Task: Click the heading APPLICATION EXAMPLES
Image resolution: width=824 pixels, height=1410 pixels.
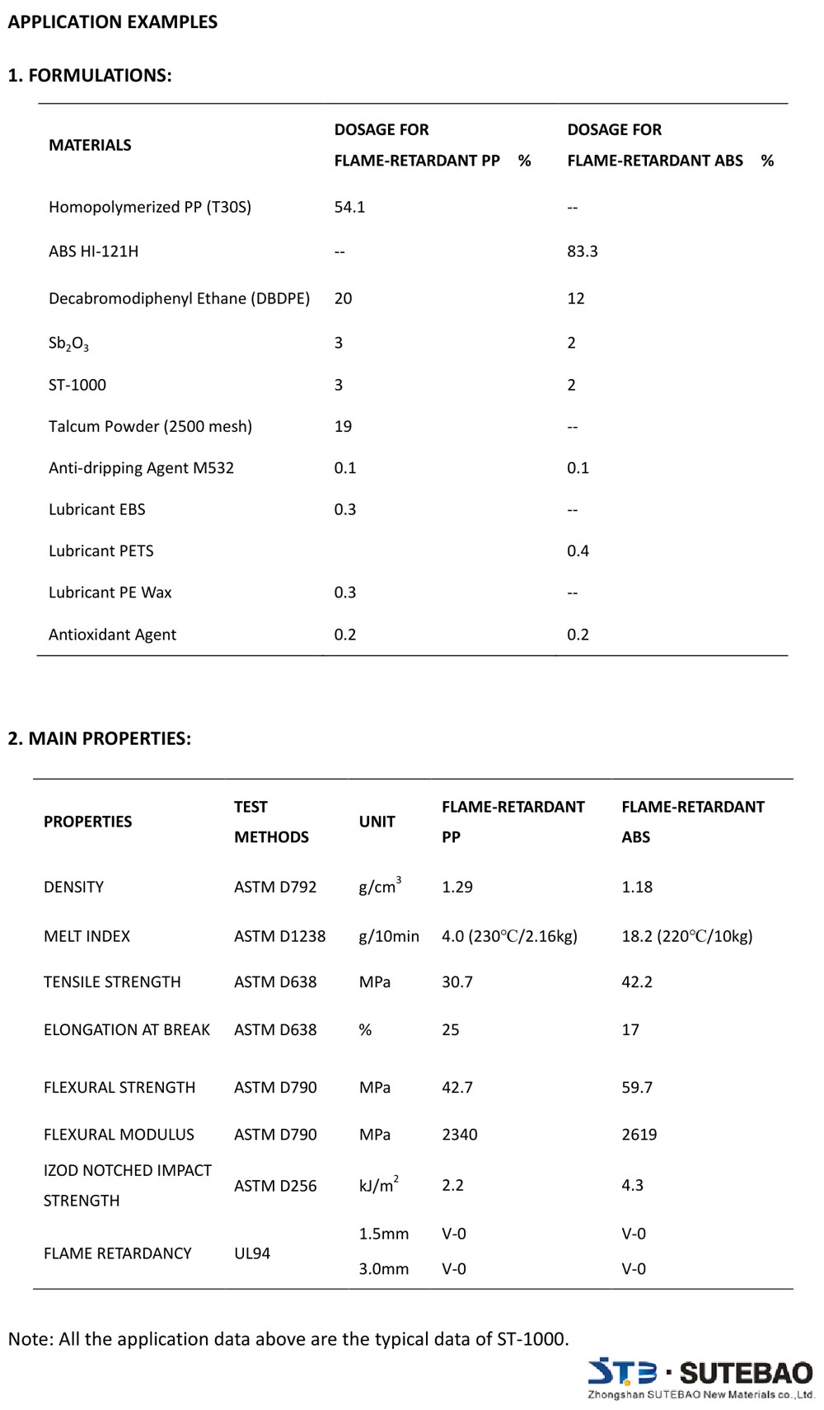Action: pos(113,22)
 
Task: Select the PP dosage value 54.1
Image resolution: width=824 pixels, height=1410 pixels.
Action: pos(349,207)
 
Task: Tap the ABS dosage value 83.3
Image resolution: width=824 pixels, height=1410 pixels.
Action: pos(582,251)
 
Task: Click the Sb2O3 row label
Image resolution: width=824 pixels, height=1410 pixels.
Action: pos(68,344)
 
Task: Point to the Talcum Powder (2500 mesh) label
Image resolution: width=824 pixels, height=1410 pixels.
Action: pos(150,426)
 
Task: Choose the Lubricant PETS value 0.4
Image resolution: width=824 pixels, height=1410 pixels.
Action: pos(578,550)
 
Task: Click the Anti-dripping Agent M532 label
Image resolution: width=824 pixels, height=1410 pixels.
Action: pos(141,468)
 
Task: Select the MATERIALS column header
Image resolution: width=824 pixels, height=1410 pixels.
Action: pos(90,145)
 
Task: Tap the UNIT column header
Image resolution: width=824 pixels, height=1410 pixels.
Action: pos(377,822)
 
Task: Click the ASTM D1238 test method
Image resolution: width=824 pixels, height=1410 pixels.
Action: pos(279,936)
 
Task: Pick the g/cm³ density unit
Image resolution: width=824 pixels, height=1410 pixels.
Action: pos(380,886)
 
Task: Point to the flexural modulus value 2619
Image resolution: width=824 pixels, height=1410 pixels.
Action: pos(639,1135)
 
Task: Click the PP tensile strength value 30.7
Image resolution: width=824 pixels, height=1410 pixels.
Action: pos(456,981)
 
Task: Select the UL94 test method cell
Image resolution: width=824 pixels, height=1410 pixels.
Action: pos(252,1253)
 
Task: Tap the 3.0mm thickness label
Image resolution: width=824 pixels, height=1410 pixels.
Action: pos(383,1269)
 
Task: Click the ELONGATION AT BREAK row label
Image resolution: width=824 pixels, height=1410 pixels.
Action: pos(127,1029)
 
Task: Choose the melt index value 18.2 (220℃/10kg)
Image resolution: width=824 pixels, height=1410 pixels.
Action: pos(686,936)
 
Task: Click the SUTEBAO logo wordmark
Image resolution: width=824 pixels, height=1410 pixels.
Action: pos(746,1373)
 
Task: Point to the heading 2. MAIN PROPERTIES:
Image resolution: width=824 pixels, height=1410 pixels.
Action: pos(99,738)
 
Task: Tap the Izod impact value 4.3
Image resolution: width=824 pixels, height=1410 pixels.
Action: pos(632,1185)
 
